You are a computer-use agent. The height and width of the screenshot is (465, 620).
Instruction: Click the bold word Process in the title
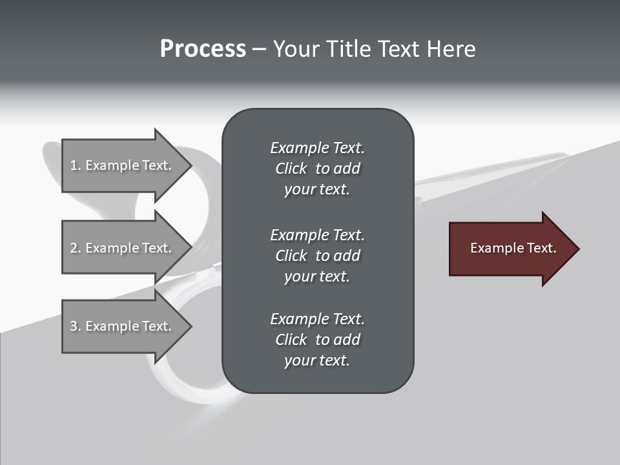203,49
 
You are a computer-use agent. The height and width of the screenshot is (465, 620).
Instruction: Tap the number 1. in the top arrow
76,165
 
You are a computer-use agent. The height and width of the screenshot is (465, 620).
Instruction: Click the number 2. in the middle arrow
76,248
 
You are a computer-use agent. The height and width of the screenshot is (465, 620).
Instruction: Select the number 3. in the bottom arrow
76,326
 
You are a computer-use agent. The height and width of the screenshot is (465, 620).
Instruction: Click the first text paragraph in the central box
317,169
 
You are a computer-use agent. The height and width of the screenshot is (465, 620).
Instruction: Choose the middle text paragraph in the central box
317,256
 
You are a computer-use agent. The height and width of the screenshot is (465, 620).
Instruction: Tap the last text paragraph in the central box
317,340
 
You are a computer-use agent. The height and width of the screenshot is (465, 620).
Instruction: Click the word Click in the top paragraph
291,169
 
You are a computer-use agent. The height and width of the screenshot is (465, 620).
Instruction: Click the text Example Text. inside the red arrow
513,248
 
